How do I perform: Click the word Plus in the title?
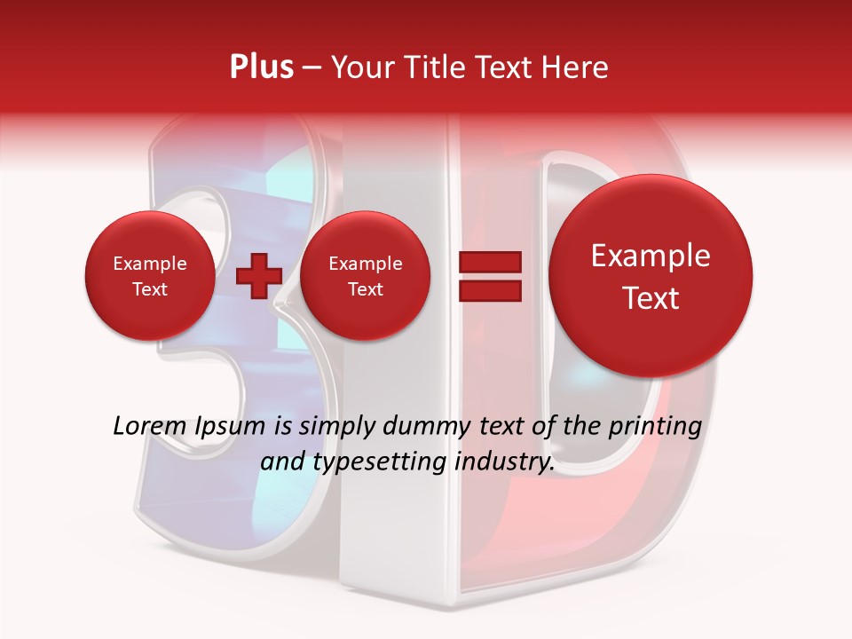[261, 67]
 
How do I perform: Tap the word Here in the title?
[576, 67]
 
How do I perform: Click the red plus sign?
[258, 275]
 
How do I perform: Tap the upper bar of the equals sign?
[489, 262]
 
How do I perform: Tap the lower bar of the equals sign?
[489, 290]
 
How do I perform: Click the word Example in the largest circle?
[651, 256]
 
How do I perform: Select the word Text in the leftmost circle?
[150, 289]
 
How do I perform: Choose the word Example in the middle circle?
[365, 264]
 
